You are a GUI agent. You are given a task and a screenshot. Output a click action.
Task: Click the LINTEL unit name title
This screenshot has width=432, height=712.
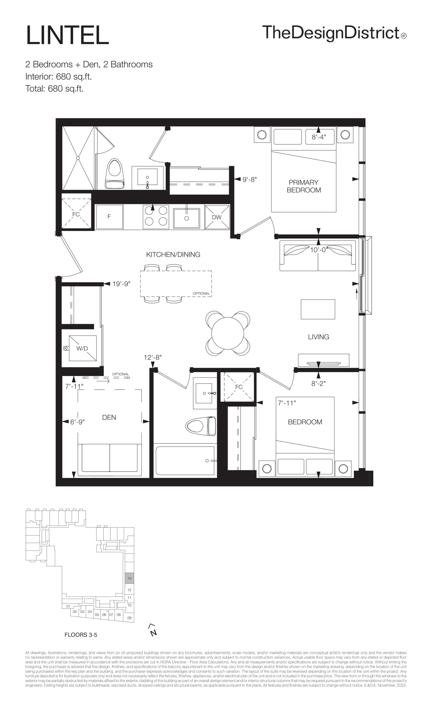pos(68,35)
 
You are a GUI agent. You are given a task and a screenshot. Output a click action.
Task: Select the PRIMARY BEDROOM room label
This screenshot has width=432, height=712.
pos(304,186)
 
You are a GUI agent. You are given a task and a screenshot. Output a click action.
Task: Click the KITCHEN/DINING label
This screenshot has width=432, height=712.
pos(173,254)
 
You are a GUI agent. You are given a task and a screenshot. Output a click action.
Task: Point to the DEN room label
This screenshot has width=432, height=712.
pos(109,417)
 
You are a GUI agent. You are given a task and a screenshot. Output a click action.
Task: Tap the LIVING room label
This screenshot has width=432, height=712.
pos(319,337)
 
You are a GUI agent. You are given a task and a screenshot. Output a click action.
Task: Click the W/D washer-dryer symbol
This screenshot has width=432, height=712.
pos(83,348)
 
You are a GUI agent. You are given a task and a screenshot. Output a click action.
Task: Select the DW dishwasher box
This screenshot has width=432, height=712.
pos(217,217)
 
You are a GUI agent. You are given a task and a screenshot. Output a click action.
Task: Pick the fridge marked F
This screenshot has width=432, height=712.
pos(110,217)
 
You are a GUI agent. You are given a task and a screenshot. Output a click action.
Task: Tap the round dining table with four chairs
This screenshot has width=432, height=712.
pos(228,333)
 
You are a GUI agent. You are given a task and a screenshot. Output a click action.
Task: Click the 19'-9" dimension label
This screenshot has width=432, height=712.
pos(121,284)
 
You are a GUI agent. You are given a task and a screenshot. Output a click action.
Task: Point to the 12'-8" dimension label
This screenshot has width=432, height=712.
pos(153,357)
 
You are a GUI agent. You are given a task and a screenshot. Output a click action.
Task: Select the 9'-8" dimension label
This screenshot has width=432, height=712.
pos(249,179)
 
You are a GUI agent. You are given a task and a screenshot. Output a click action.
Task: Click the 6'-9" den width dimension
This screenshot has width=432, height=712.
pos(77,422)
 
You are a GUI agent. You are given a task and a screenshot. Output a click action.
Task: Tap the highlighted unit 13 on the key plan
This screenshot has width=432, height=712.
pos(129,578)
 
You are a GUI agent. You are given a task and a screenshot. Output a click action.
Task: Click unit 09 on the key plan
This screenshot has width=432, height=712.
pos(129,618)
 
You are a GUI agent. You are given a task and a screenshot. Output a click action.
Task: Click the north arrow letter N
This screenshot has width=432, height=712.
pos(154,632)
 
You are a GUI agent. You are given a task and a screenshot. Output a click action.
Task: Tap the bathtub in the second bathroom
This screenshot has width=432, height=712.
pos(185,461)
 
